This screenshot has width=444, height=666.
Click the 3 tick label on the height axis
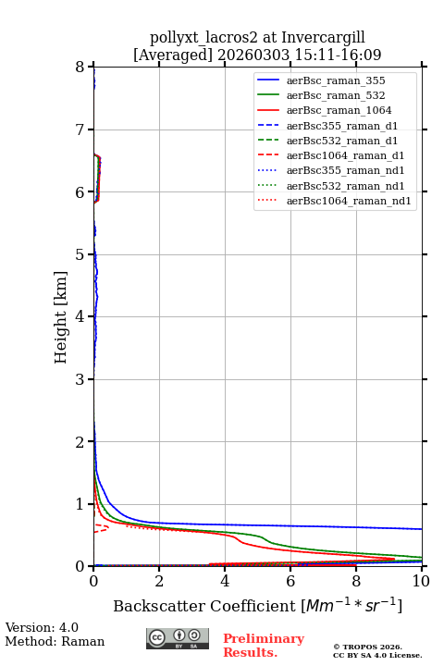click(80, 379)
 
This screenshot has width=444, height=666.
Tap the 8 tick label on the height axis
click(80, 68)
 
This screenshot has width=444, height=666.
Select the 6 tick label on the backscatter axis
click(290, 581)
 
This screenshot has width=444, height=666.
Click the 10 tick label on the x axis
click(421, 581)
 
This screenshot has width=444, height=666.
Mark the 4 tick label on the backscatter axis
click(225, 581)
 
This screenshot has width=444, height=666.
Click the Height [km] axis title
click(61, 317)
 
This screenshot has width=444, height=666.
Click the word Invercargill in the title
click(324, 38)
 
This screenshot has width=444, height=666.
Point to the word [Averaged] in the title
click(173, 55)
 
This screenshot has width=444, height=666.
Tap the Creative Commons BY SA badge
click(178, 639)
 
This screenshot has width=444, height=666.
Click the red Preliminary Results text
click(264, 646)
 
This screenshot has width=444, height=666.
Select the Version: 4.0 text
click(42, 627)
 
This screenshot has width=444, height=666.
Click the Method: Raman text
click(55, 641)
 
